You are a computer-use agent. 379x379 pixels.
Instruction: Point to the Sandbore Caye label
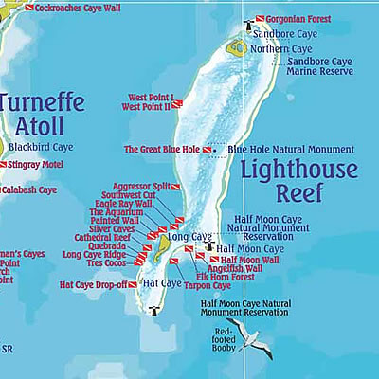pos(290,32)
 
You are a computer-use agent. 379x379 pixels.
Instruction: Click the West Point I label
pos(151,97)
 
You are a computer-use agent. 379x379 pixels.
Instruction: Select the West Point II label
pos(149,107)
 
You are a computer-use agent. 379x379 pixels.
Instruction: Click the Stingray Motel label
pos(36,164)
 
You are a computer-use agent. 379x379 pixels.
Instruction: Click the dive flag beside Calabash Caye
pos(4,189)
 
